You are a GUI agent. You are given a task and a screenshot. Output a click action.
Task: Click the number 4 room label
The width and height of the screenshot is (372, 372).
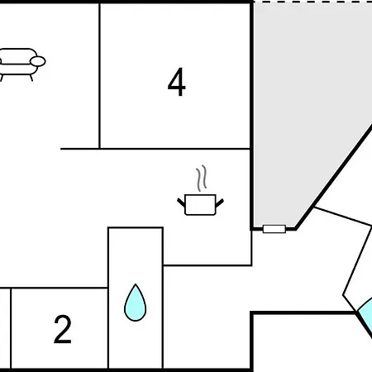pyautogui.click(x=177, y=82)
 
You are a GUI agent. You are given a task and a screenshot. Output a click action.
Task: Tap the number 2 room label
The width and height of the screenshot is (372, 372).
pyautogui.click(x=63, y=329)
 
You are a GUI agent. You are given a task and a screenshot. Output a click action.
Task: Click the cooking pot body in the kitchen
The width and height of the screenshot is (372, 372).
pyautogui.click(x=200, y=204)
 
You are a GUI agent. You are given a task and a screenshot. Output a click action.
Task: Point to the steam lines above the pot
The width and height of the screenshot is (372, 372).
pyautogui.click(x=202, y=178)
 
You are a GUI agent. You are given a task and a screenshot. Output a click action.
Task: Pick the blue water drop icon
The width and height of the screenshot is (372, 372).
pyautogui.click(x=135, y=303)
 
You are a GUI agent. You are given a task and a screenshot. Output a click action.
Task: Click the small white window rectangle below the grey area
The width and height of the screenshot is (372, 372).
pyautogui.click(x=274, y=229)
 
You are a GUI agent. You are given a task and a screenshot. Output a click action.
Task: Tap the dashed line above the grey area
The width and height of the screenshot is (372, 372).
pyautogui.click(x=312, y=2)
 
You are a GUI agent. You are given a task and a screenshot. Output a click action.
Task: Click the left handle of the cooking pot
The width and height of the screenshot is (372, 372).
pyautogui.click(x=181, y=203)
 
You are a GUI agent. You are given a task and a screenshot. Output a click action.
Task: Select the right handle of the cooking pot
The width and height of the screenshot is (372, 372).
pyautogui.click(x=220, y=203)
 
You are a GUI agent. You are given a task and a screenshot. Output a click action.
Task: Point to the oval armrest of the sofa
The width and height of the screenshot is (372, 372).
pyautogui.click(x=38, y=61)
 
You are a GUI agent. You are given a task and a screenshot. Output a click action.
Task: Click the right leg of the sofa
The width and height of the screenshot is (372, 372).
pyautogui.click(x=31, y=78)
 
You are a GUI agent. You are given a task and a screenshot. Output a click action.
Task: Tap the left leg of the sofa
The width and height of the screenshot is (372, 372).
pyautogui.click(x=2, y=78)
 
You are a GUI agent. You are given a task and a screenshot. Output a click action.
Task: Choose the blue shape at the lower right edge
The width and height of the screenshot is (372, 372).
pyautogui.click(x=365, y=316)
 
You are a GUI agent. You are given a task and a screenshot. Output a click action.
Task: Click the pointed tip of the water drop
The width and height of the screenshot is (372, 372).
pyautogui.click(x=136, y=284)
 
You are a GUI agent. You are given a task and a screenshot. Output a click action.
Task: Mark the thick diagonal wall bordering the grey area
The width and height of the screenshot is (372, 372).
pyautogui.click(x=334, y=178)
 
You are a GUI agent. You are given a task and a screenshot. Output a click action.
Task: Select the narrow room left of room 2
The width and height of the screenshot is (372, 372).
pyautogui.click(x=5, y=328)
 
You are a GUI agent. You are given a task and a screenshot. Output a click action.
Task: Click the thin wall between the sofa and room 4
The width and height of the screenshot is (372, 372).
pyautogui.click(x=99, y=76)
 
